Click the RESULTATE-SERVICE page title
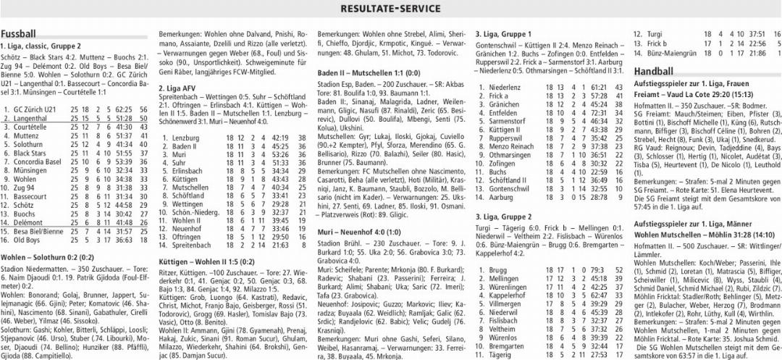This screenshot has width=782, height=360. (x=390, y=8)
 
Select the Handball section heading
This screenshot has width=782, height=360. (x=654, y=71)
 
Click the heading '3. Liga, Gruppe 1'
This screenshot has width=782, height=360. (x=503, y=34)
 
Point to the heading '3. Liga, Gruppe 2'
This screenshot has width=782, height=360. (x=503, y=217)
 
